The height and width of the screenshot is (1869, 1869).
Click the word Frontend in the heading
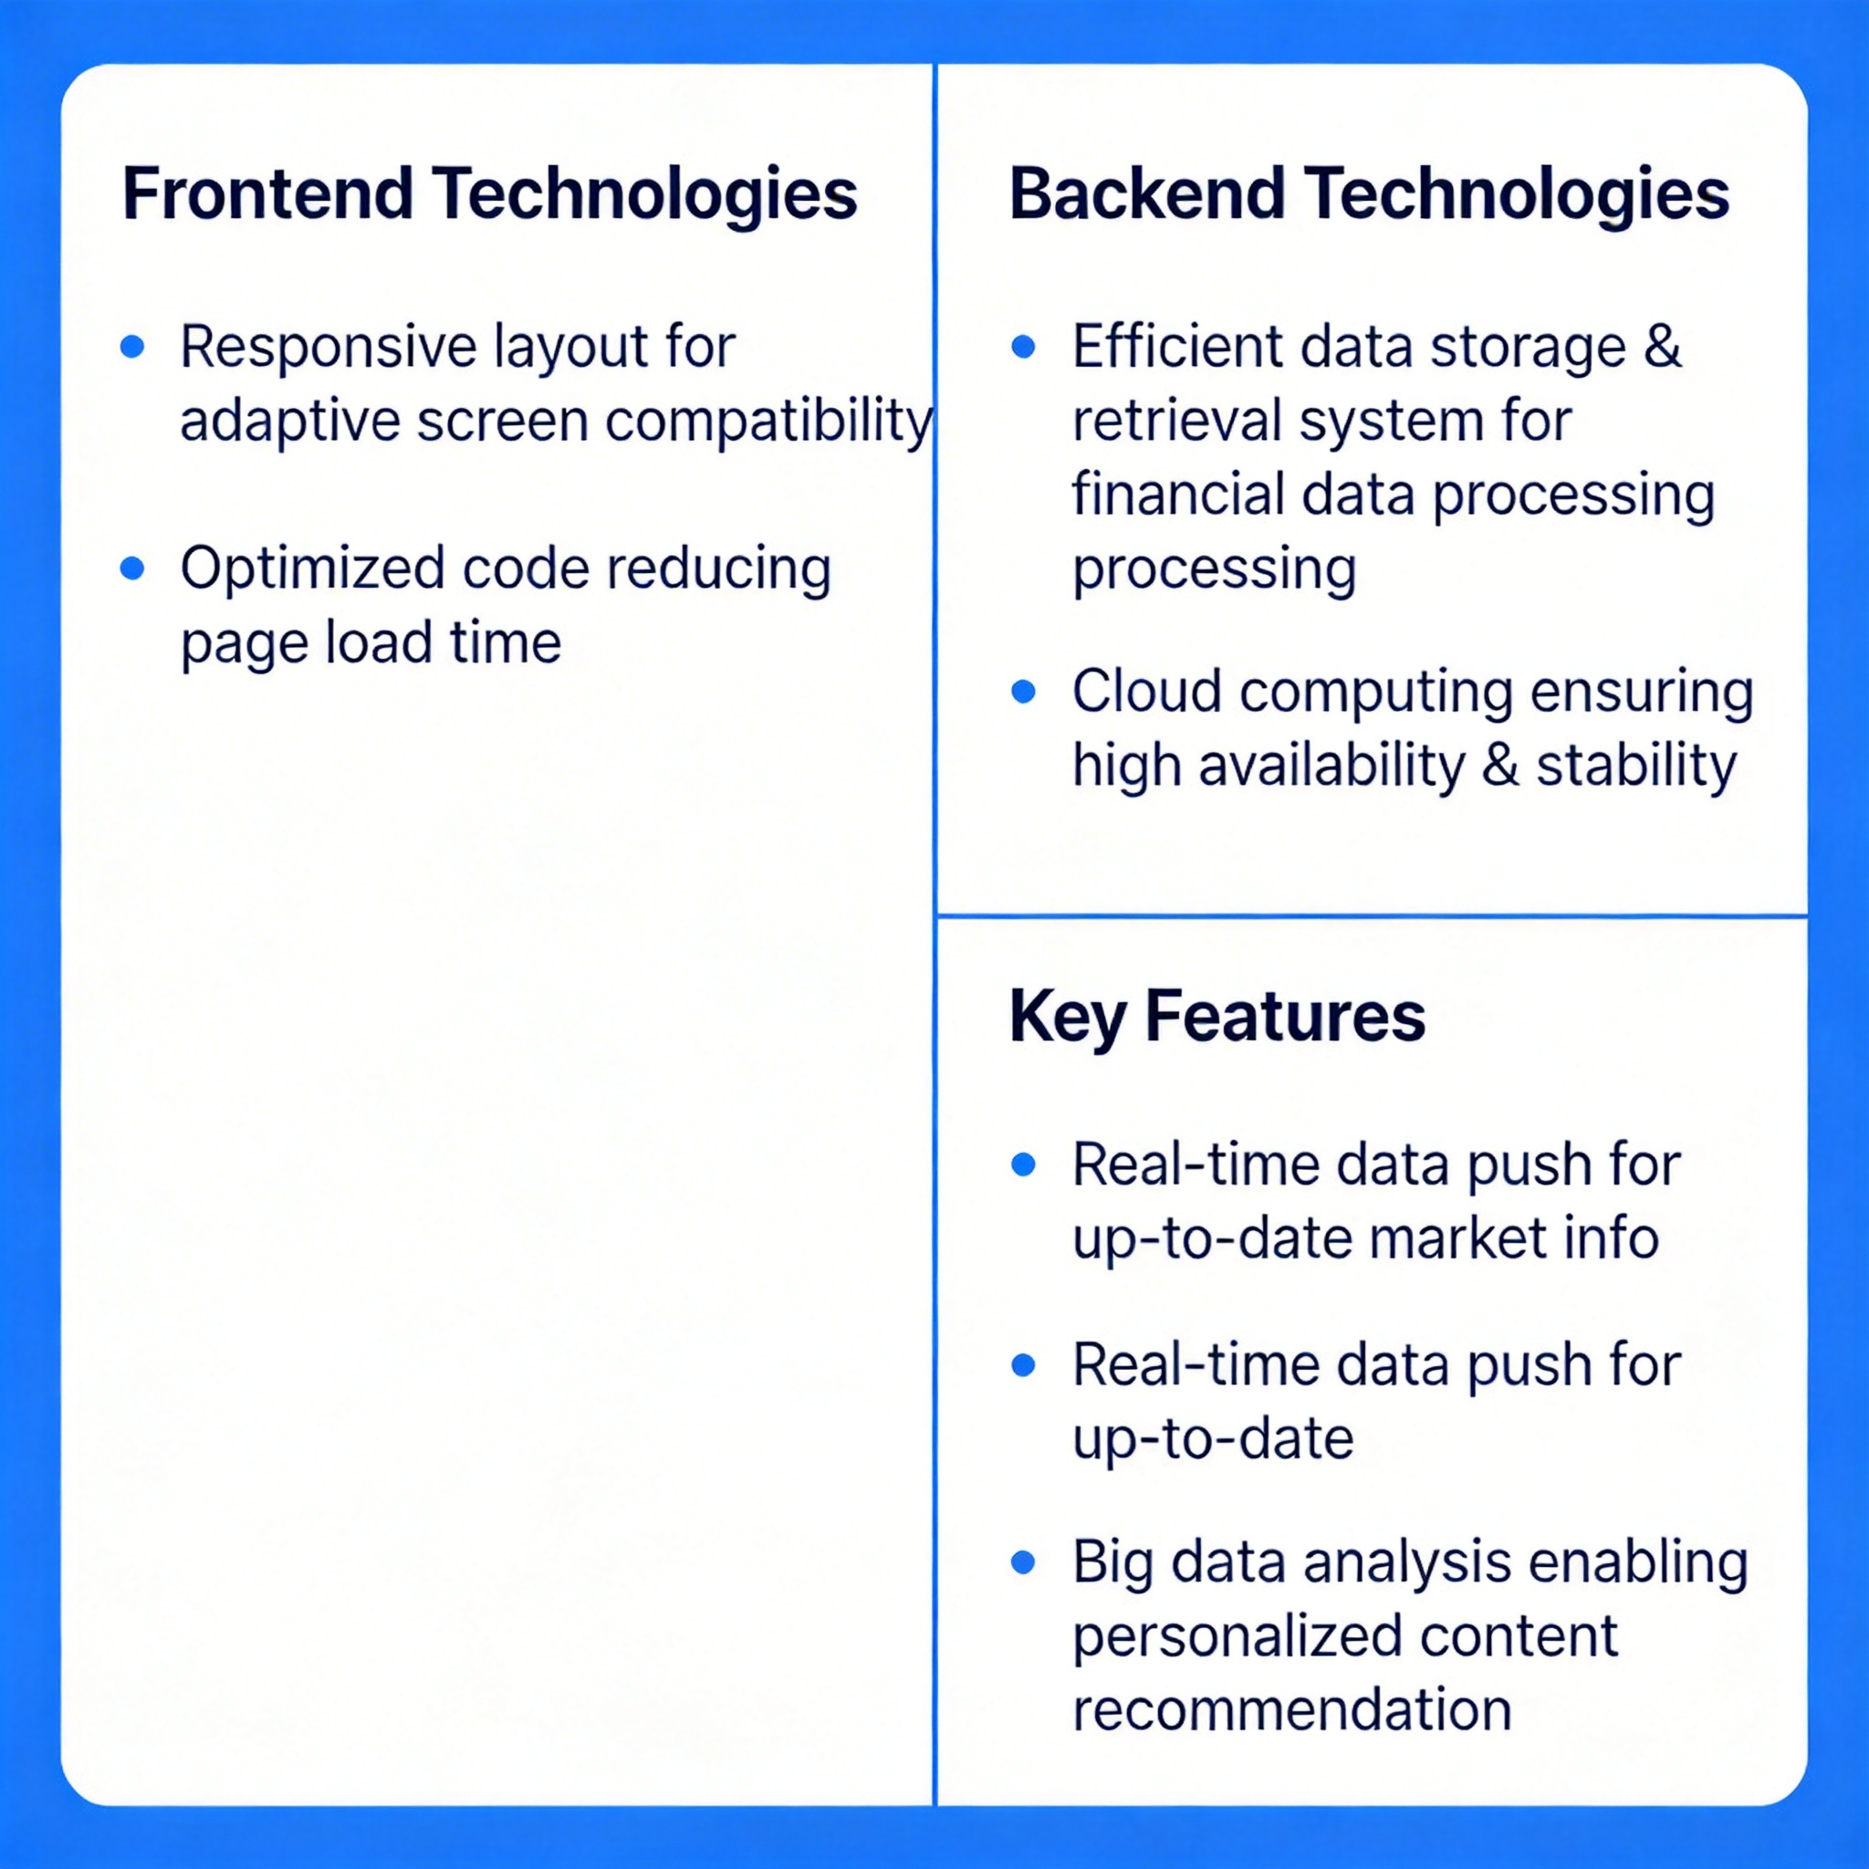[x=268, y=193]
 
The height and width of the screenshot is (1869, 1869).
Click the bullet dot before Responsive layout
[x=132, y=346]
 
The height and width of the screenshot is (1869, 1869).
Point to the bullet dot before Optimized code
[x=132, y=568]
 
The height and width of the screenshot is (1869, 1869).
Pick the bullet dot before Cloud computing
[x=1024, y=692]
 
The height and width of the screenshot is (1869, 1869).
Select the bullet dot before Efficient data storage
[x=1024, y=346]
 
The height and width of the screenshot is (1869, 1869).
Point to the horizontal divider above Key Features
[x=1372, y=915]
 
